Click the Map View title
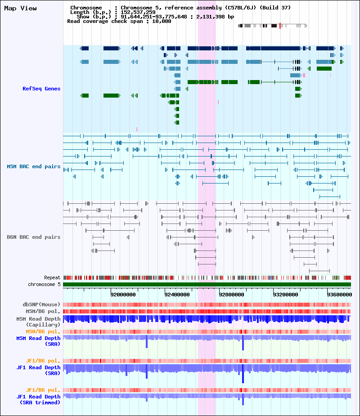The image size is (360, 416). coord(20,9)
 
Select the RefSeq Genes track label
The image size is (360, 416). coord(41,89)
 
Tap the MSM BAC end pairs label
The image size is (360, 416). coord(34,166)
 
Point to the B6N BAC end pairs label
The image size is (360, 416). coord(34,237)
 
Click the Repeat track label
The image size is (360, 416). coord(52,278)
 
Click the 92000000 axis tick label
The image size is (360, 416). coord(123,295)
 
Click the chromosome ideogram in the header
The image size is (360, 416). coord(273,26)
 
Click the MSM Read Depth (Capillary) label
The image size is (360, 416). coord(38,322)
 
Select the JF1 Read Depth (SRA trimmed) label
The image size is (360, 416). coord(38,399)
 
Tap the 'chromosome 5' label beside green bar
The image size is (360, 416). coord(44,284)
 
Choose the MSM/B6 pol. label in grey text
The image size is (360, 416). coord(43,311)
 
